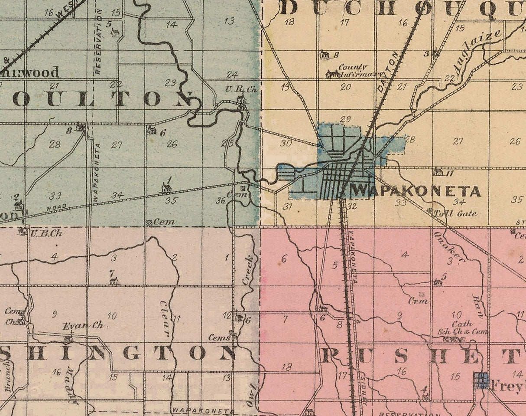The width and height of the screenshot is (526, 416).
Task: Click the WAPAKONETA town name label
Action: coord(415,192)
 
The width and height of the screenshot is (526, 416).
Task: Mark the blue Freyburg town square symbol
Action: coord(480,380)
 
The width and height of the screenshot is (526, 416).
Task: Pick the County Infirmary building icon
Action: coord(332,74)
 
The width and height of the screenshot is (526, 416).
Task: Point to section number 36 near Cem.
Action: coord(221,200)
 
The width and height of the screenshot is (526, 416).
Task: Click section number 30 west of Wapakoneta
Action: coord(286,143)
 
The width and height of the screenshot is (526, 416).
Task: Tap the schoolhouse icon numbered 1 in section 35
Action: coord(166,188)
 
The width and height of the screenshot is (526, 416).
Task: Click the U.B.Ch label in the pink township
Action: coord(46,233)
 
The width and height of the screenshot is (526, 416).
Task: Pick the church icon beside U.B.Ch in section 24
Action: coord(241,100)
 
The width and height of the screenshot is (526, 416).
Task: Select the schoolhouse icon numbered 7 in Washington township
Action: coord(114,281)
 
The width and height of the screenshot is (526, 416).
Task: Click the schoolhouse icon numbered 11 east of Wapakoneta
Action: coord(438,172)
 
